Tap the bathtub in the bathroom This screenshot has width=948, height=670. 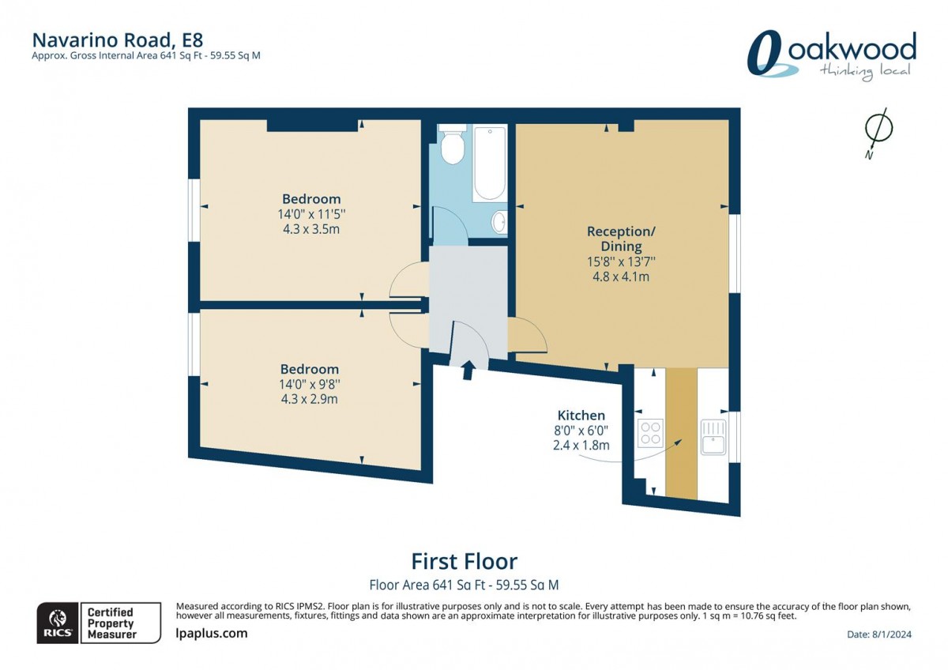(x=489, y=164)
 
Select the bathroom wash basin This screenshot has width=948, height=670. (x=499, y=222)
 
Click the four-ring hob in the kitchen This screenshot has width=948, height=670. (x=651, y=433)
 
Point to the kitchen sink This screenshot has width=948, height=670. (x=713, y=437)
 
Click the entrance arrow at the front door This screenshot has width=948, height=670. (x=468, y=369)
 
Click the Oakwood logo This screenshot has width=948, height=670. (x=831, y=55)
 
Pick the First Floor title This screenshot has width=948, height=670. (x=464, y=561)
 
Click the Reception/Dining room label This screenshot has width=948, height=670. (x=621, y=239)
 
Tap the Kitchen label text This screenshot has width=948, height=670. (x=581, y=415)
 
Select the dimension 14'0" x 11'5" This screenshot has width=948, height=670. (x=311, y=214)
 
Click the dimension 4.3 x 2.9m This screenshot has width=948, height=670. (x=310, y=399)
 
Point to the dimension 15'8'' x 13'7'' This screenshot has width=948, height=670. (x=621, y=262)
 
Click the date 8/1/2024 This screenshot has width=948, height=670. (x=878, y=634)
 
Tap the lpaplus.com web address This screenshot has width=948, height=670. (x=211, y=633)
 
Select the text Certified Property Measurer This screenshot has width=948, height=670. (x=111, y=623)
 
